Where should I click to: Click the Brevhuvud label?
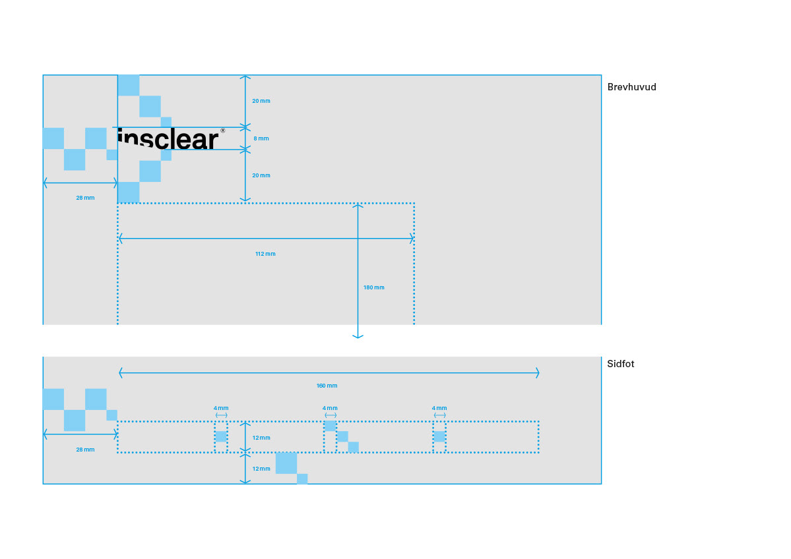[x=631, y=87]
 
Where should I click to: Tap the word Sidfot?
[x=620, y=364]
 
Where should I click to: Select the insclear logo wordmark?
[x=168, y=139]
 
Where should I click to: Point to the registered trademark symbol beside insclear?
[x=222, y=131]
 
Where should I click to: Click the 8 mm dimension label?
[x=261, y=138]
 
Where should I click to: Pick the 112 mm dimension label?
[x=265, y=254]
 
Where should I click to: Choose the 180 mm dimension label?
[x=373, y=287]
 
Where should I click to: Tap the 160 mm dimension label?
[x=327, y=386]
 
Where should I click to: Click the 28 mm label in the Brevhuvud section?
[x=85, y=198]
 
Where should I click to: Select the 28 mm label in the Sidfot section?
[x=85, y=450]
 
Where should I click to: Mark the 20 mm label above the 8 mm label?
[x=261, y=101]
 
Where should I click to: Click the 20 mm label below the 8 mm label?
[x=261, y=175]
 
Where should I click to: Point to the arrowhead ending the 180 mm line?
[x=358, y=336]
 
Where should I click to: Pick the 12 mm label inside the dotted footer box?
[x=261, y=438]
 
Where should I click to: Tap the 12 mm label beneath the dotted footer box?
[x=261, y=469]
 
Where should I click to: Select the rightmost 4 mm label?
[x=439, y=408]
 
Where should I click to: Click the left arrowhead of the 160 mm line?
[x=121, y=373]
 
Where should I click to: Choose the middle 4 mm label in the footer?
[x=330, y=408]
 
